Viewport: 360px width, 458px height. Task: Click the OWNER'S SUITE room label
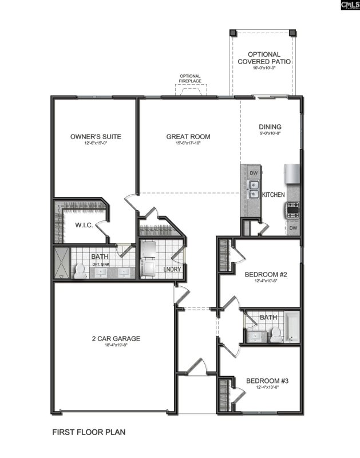(x=96, y=136)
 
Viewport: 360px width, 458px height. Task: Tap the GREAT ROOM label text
(x=188, y=136)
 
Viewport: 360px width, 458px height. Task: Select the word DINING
(x=270, y=127)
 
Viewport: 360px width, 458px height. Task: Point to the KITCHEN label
(x=273, y=195)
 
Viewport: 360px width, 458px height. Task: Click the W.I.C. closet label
(x=84, y=225)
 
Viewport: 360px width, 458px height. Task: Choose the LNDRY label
(x=172, y=269)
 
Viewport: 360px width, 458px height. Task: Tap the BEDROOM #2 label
(x=266, y=274)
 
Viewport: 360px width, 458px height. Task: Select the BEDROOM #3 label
(x=266, y=381)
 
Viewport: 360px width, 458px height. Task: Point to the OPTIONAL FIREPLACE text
(x=190, y=79)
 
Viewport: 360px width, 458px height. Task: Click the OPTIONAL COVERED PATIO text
(x=264, y=58)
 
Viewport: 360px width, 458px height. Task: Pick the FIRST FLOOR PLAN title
(x=89, y=432)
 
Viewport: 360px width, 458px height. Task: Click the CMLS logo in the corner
(x=349, y=6)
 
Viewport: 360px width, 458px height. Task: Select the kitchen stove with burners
(x=292, y=210)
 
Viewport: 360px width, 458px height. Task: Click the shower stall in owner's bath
(x=60, y=263)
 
